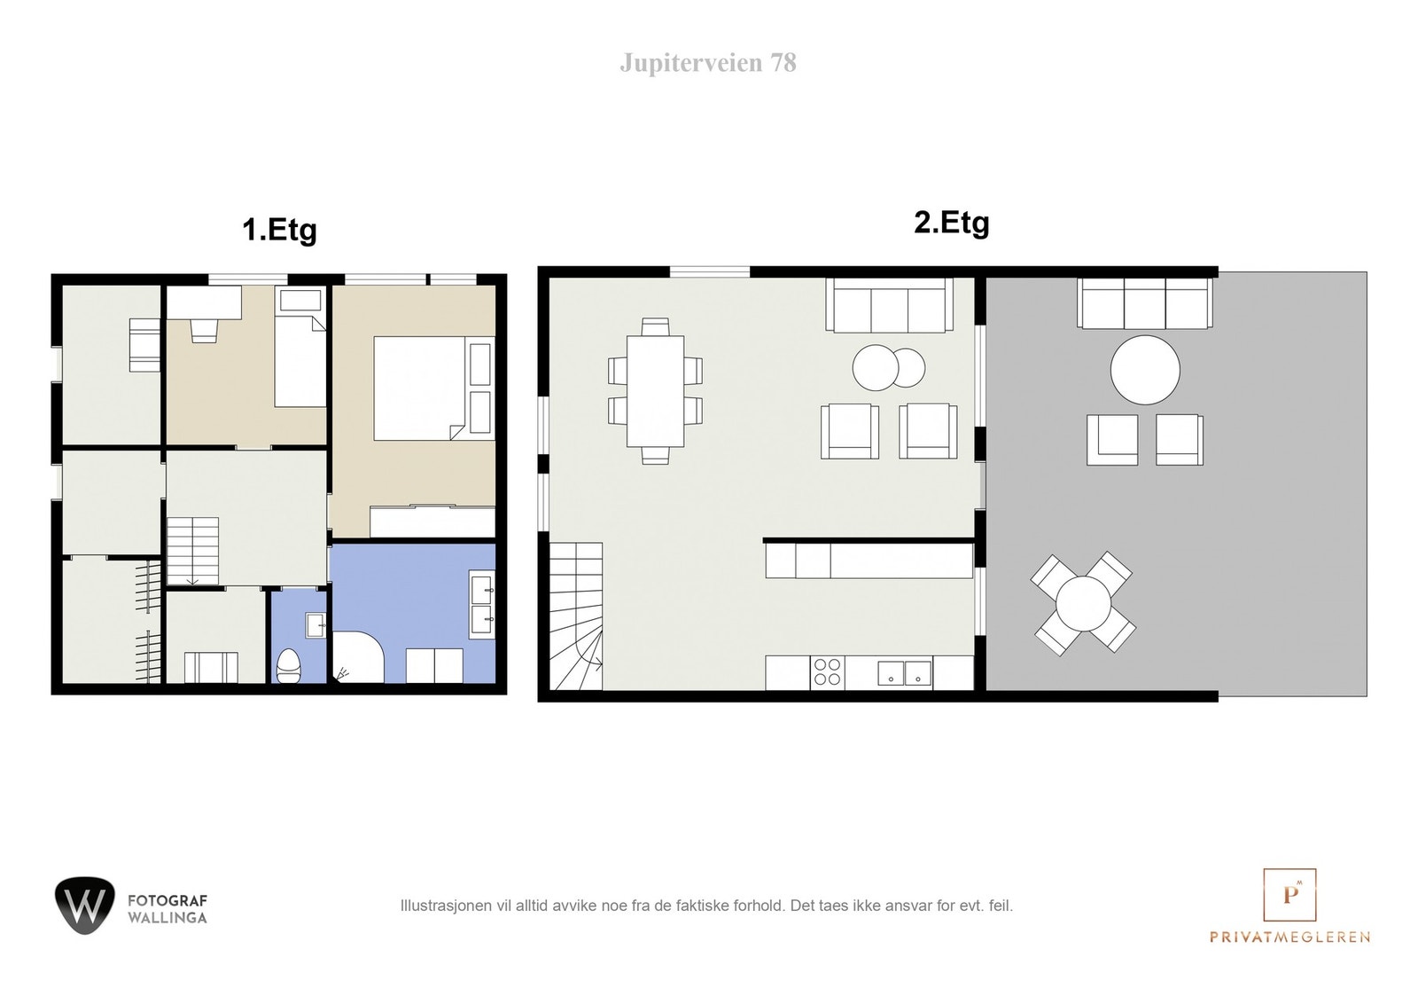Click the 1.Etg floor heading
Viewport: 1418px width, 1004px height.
pos(279,230)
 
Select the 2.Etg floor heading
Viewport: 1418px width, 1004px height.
pos(952,223)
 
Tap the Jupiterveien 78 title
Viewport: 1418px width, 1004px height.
pos(708,63)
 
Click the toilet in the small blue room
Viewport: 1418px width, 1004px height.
pos(289,664)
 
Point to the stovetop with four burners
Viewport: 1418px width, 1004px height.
pos(828,672)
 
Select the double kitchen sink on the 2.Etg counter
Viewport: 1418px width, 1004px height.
pos(905,673)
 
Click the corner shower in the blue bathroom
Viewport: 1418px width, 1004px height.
pos(358,657)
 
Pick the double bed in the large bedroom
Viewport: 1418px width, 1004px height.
pos(433,388)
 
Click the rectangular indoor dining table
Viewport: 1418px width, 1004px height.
pos(655,391)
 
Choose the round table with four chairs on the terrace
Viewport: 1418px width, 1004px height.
pos(1083,603)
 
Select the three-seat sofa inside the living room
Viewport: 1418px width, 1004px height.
pos(890,305)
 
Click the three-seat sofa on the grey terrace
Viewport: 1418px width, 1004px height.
pos(1145,303)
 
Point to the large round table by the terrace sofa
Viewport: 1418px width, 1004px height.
pos(1145,370)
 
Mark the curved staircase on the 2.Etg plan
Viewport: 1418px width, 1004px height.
pos(575,616)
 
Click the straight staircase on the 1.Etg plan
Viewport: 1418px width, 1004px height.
pos(192,551)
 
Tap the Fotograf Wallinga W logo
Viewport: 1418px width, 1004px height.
pos(85,906)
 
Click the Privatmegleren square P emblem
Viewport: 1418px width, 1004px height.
pos(1289,894)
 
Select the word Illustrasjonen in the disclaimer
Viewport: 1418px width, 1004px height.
pos(447,906)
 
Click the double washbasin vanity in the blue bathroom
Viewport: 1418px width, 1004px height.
pos(482,604)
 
